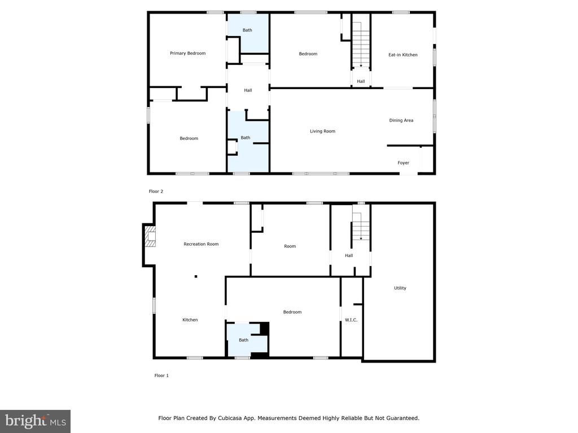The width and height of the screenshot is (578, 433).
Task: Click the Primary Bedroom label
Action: tap(188, 54)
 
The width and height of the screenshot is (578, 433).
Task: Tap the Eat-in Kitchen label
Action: tap(403, 55)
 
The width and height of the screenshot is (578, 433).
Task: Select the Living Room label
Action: tap(322, 131)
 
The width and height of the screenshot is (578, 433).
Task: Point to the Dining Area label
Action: tap(401, 120)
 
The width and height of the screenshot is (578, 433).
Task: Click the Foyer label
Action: tap(403, 163)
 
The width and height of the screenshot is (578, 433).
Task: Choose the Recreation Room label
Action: tap(201, 244)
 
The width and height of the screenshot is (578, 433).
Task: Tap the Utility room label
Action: tap(400, 288)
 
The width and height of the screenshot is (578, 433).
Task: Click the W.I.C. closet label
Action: tap(351, 320)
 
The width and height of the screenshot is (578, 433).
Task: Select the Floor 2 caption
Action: tap(156, 191)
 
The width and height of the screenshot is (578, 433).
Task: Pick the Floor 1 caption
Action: tap(161, 375)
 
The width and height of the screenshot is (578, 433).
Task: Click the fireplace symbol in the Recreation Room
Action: tap(150, 236)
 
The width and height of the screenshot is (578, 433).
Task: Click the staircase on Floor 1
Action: tap(361, 226)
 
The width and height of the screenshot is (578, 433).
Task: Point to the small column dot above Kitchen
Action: tap(196, 276)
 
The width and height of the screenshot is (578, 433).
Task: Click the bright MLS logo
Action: tap(35, 421)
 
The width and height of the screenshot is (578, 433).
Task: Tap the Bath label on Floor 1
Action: tap(243, 340)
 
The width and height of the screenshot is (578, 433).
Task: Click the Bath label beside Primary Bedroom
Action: tap(247, 30)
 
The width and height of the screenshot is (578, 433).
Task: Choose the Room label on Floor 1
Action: tap(290, 246)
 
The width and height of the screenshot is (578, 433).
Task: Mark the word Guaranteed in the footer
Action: tap(399, 418)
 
